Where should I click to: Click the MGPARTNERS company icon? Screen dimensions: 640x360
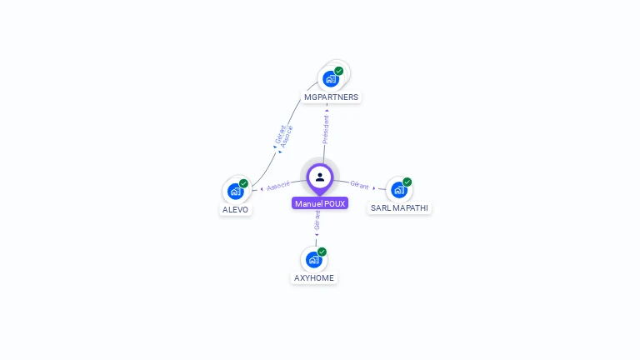pos(331,79)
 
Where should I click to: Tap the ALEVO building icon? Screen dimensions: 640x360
pos(236,192)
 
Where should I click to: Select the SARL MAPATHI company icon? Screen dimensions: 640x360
pos(398,190)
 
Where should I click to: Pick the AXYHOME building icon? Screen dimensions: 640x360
pos(313,259)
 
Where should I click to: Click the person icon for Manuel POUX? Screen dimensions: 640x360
pos(320,177)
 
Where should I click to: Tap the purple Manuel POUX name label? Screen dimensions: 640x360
pos(320,203)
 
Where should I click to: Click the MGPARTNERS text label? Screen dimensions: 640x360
pos(331,97)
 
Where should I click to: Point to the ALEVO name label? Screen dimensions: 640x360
pos(236,210)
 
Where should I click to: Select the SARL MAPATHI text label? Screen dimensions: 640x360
pos(400,208)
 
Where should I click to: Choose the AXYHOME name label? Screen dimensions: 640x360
pos(314,277)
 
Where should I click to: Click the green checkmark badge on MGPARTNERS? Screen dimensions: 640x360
pos(339,71)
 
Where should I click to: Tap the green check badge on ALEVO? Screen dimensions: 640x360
pos(244,183)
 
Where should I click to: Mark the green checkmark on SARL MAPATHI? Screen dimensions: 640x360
pos(407,182)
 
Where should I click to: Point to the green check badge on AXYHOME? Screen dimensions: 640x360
pos(322,252)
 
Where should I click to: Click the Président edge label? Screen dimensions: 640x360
pos(326,129)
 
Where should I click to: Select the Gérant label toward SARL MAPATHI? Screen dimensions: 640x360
pos(359,184)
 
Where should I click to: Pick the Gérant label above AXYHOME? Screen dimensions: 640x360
pos(317,220)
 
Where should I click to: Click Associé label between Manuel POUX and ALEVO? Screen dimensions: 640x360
pos(278,185)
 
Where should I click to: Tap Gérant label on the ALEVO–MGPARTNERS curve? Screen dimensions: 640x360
pos(280,134)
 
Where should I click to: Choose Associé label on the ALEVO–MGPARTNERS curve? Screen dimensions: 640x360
pos(287,137)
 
